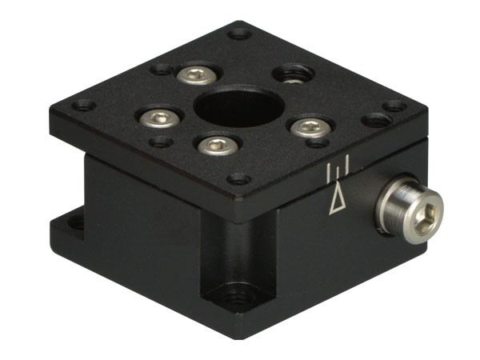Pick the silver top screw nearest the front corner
(215, 146)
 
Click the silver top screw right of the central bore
(310, 126)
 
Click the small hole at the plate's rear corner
(238, 34)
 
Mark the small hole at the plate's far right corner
(394, 106)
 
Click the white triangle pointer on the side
(339, 198)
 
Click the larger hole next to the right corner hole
(374, 121)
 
